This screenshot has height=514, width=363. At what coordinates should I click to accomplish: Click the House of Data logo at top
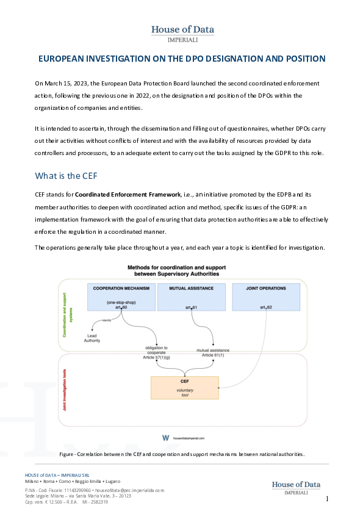[182, 33]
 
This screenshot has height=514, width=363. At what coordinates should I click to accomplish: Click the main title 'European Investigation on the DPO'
[182, 59]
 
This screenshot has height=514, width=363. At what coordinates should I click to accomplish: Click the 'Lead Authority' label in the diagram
[92, 339]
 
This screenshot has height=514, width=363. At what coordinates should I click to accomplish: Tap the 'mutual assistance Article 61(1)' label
[212, 353]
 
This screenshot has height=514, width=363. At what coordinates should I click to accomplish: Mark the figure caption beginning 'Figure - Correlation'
[181, 454]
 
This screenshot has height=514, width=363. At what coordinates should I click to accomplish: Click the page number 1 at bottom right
[327, 499]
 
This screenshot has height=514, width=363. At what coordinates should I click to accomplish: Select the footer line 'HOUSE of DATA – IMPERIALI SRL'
[63, 475]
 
